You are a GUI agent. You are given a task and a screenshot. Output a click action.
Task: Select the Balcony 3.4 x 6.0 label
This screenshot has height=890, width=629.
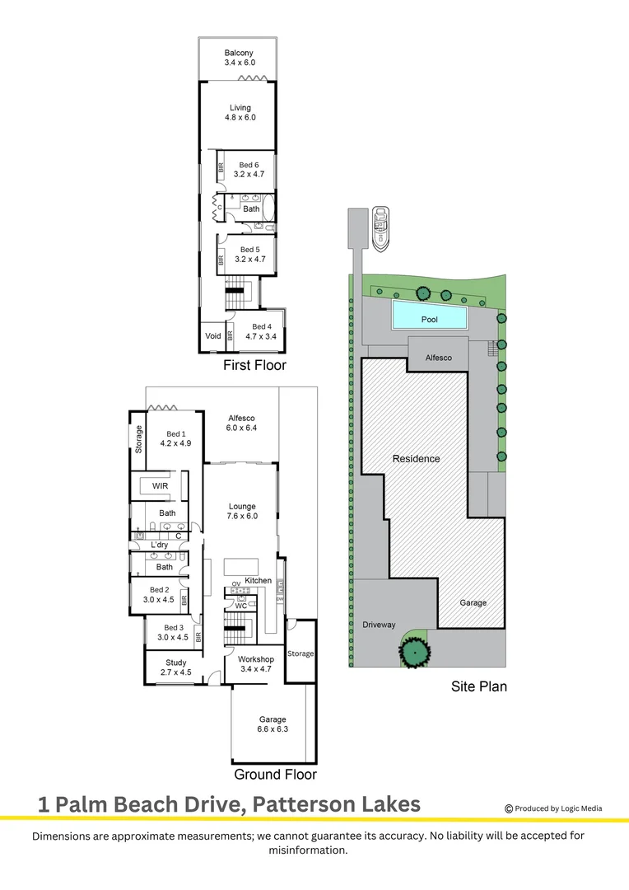tap(240, 58)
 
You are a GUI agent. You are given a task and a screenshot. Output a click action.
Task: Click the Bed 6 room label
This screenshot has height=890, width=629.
tap(248, 170)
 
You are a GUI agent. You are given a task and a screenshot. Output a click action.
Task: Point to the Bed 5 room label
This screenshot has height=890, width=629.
tap(249, 255)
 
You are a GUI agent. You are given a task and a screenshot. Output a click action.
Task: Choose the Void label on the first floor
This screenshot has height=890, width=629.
tap(212, 336)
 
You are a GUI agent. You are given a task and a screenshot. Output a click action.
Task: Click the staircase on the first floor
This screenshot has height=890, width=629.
tap(238, 287)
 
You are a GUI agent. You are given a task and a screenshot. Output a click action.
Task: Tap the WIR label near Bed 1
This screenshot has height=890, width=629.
tap(160, 487)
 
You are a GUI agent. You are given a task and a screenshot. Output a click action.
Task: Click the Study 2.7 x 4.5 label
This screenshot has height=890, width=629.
tap(175, 667)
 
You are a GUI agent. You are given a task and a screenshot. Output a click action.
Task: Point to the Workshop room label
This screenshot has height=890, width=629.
tap(255, 664)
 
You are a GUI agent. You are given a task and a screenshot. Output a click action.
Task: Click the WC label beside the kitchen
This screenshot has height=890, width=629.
tap(241, 606)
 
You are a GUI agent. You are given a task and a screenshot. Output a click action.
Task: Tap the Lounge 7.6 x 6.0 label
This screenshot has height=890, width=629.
tap(242, 511)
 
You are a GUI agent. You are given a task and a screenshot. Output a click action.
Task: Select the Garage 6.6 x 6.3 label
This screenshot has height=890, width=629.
tap(273, 724)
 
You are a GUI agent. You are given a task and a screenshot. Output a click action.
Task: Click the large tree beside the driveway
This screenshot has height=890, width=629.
tap(414, 652)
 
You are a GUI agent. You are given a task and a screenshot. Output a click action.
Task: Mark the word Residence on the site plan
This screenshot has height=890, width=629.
tap(416, 459)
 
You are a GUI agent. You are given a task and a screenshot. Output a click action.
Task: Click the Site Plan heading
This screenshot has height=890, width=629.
tap(478, 686)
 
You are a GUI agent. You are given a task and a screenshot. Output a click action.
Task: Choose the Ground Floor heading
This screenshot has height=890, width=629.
tap(275, 775)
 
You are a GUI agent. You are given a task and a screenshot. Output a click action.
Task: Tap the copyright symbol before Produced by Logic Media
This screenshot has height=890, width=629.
tap(509, 808)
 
